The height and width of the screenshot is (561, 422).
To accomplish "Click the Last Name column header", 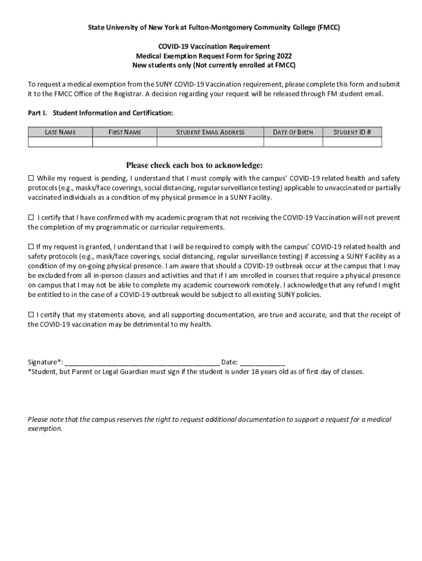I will [60, 132].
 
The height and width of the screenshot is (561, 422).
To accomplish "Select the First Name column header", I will [124, 132].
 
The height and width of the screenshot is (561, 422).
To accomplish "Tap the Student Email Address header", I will [210, 132].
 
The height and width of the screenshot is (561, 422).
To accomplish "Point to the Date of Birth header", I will [293, 132].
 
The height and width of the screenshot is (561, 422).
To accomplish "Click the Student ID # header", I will [352, 132].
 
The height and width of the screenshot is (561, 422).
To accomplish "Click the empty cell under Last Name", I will [60, 142].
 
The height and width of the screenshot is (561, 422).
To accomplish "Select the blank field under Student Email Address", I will [210, 142].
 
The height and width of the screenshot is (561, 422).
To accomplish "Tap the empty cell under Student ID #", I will [352, 142].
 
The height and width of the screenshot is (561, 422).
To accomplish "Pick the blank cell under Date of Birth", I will [293, 142].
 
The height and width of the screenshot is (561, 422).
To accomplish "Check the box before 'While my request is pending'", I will [31, 179].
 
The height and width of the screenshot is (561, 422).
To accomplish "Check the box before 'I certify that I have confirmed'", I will [31, 217].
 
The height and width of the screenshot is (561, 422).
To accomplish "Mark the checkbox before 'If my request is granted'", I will [31, 247].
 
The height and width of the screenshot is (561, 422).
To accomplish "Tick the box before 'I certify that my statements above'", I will [31, 315].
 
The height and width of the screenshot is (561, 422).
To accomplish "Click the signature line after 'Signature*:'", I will [142, 362].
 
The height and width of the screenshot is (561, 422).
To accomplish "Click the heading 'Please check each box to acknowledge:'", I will [195, 165].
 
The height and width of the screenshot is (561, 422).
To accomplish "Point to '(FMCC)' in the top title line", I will [328, 26].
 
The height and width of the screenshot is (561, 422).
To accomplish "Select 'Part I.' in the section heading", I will [38, 113].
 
